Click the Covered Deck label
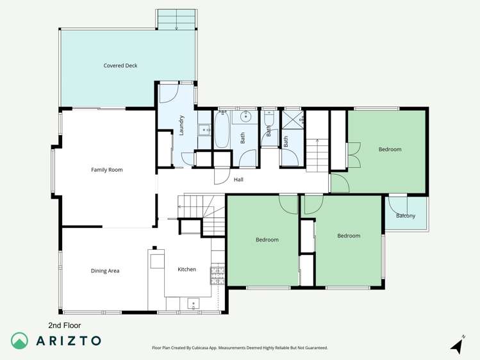(120, 66)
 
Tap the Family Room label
(106, 170)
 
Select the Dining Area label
(105, 271)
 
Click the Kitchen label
(186, 270)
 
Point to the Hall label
(238, 180)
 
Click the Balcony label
(406, 216)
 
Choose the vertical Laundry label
(182, 124)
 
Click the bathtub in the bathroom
(221, 129)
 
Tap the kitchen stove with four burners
(217, 275)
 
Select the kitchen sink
(194, 304)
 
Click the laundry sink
(204, 130)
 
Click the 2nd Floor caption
(65, 325)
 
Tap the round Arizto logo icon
(20, 341)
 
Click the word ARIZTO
(68, 341)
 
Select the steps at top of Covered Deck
(176, 20)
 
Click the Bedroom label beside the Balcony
(349, 236)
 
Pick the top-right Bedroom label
(390, 149)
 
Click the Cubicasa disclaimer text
(240, 348)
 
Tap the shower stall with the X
(293, 119)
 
